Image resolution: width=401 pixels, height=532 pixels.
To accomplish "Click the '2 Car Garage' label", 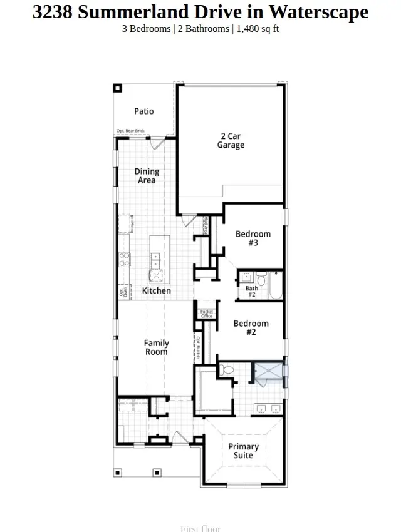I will click(x=231, y=141).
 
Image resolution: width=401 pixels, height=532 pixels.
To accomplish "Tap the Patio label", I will click(x=143, y=111).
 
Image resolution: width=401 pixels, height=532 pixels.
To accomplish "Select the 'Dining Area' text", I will click(x=147, y=176).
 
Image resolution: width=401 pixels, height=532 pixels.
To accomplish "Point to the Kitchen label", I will click(x=156, y=291).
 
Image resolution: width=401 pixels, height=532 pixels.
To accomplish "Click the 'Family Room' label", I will click(x=156, y=347).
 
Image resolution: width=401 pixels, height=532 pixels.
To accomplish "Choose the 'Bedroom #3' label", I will click(x=253, y=238).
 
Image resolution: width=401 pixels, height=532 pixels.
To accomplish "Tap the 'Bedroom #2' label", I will click(x=251, y=328).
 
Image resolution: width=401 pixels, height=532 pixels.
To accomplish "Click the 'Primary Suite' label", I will click(x=243, y=451).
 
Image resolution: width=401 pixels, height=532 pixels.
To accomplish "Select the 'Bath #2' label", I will click(x=251, y=291).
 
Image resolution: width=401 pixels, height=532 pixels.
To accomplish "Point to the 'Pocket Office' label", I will click(x=206, y=314).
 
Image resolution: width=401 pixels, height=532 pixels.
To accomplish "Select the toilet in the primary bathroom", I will click(x=228, y=371).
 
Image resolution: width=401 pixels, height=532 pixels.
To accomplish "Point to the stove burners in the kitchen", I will click(x=124, y=259).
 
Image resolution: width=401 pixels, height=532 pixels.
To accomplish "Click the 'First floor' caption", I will click(x=200, y=528).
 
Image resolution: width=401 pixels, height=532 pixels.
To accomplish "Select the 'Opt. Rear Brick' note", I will click(x=130, y=131).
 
